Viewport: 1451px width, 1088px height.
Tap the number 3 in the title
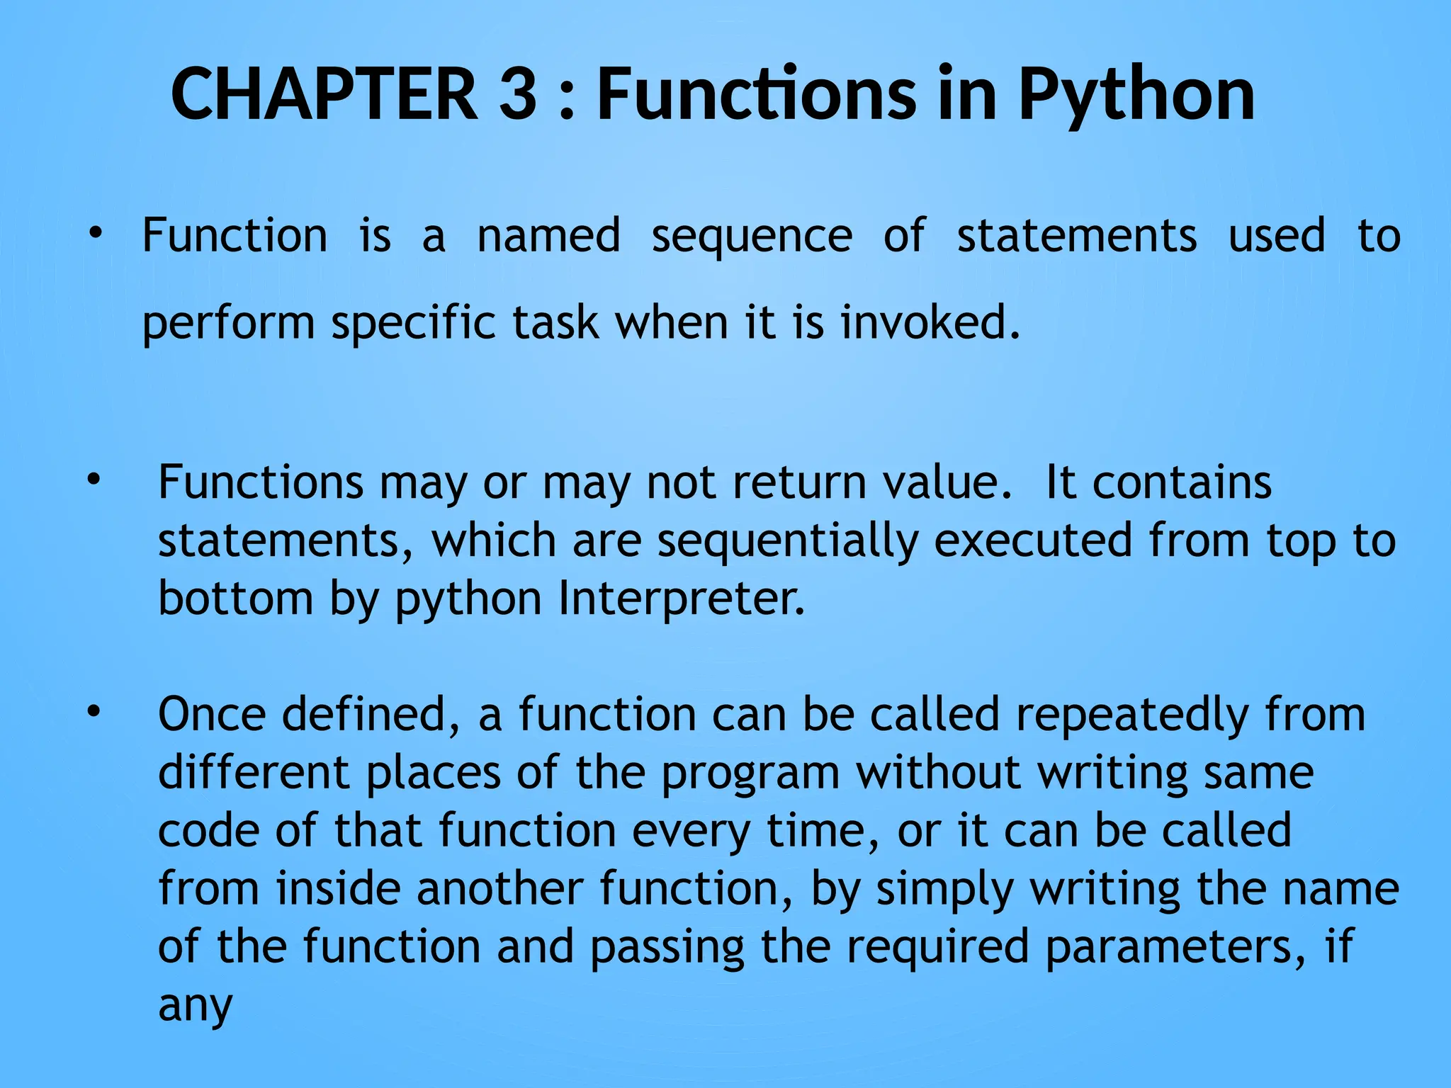[x=518, y=94]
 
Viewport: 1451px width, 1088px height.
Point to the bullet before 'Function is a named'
[x=95, y=233]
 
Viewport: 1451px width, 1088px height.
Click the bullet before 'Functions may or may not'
[x=94, y=481]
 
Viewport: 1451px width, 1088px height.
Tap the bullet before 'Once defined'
[x=94, y=712]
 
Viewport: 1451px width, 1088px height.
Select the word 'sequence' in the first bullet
[x=752, y=237]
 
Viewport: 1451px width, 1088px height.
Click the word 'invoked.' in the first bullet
[x=930, y=323]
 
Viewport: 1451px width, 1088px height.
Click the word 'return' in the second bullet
[x=799, y=483]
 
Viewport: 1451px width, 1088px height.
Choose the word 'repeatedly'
[x=1131, y=715]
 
